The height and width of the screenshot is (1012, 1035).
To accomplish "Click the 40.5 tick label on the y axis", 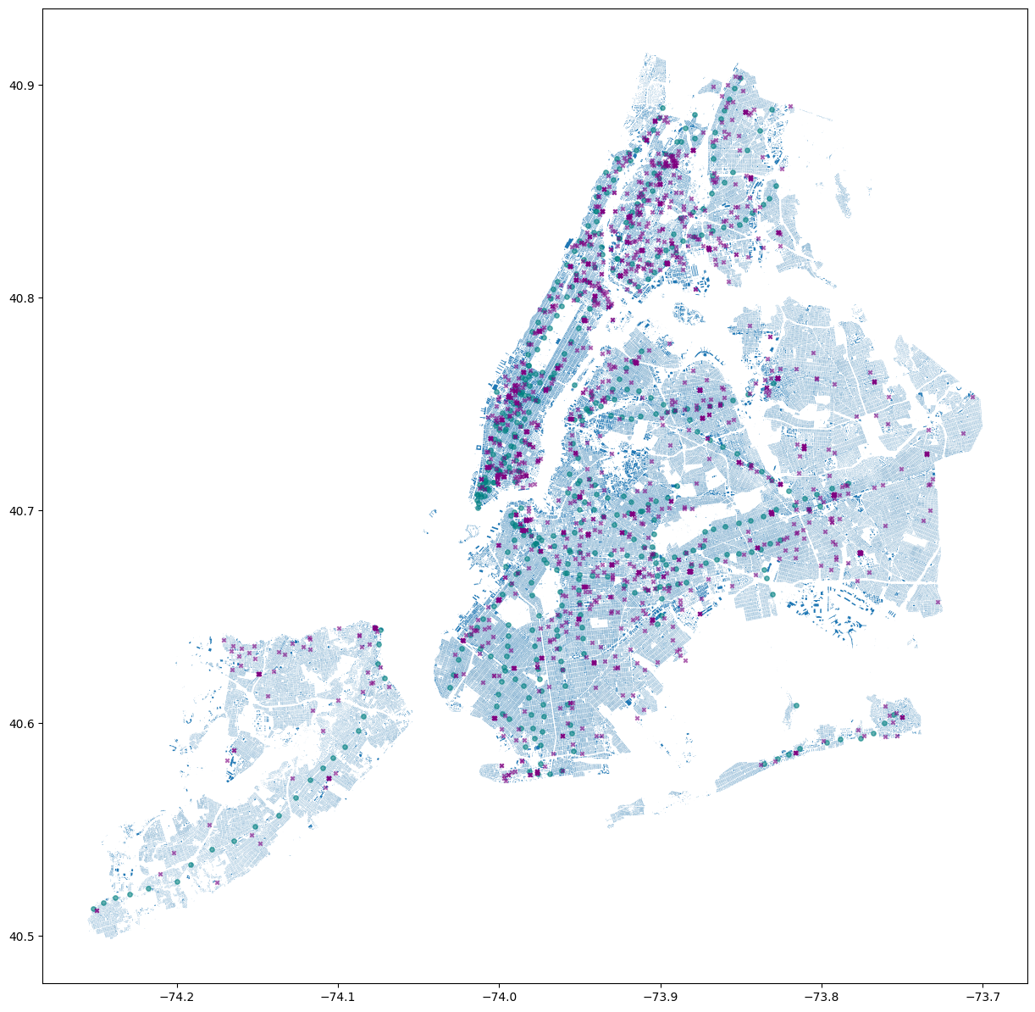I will [x=22, y=937].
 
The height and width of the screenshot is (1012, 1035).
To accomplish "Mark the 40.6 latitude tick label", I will [x=22, y=724].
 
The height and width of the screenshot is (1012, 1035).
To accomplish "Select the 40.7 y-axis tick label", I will [x=22, y=511].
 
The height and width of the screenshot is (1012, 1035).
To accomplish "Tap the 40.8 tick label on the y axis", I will [x=22, y=298].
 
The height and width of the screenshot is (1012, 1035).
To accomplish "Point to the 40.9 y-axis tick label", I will [x=22, y=86].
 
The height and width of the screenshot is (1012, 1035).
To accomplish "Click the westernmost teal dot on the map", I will [x=93, y=909].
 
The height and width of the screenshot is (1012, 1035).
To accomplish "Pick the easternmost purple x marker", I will [x=972, y=397].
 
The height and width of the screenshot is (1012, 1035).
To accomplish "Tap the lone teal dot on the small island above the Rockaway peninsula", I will [x=796, y=705].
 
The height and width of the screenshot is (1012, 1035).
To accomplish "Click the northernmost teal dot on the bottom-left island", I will [x=380, y=630].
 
